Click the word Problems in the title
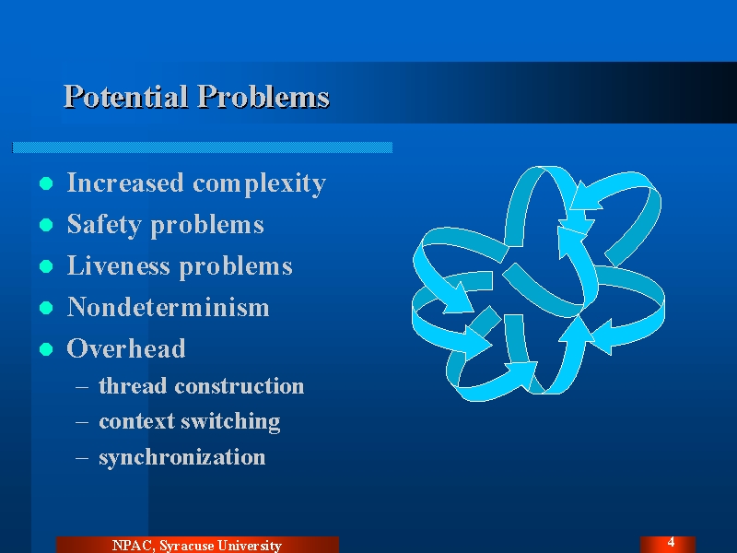pos(263,97)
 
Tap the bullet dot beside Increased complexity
pos(46,183)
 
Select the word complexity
pos(260,183)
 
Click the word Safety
pos(104,225)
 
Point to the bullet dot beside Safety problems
pos(46,225)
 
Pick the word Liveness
pos(119,265)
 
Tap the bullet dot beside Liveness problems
pos(46,266)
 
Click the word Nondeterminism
pos(169,307)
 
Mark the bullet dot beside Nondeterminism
pos(46,308)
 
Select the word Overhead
pos(126,348)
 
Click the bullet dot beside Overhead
pos(46,349)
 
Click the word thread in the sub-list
pos(133,385)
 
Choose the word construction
pos(240,386)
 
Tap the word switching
pos(231,422)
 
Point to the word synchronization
pos(182,457)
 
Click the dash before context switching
pos(82,422)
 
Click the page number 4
pos(671,541)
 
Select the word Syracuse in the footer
pos(186,546)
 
